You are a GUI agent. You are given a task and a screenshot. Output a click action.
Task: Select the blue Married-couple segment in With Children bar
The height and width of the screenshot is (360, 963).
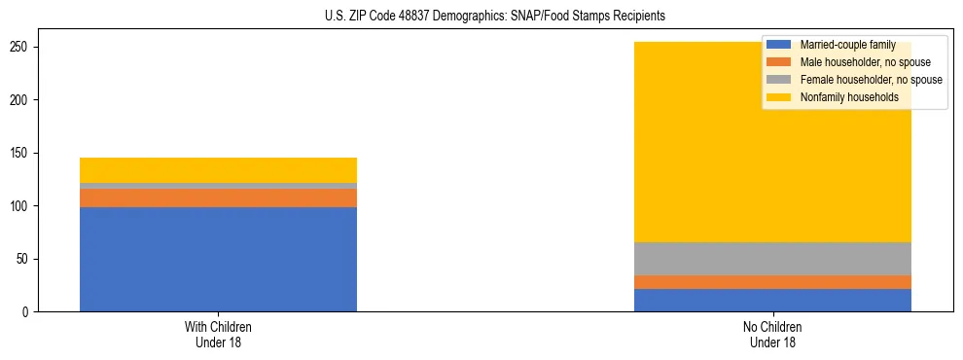click(x=218, y=259)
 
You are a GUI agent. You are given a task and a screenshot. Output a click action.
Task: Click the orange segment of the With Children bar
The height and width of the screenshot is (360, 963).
click(x=218, y=198)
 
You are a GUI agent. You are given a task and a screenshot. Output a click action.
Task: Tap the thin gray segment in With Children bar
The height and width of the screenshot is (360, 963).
click(x=218, y=186)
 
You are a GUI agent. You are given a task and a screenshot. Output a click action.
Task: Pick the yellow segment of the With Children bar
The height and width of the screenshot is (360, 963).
click(x=218, y=170)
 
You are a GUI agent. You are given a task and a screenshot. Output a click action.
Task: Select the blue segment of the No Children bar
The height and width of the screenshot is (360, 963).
click(x=772, y=300)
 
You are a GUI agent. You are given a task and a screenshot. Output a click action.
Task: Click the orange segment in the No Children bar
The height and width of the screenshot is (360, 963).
click(x=772, y=282)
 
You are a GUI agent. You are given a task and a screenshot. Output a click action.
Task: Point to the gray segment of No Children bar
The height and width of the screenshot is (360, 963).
click(x=772, y=259)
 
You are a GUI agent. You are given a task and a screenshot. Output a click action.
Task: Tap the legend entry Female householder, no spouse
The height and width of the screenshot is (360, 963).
click(x=871, y=80)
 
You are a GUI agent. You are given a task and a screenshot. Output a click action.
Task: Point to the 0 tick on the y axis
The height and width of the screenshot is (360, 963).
click(x=29, y=312)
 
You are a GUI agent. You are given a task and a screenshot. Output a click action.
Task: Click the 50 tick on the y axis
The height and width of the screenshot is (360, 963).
click(x=26, y=259)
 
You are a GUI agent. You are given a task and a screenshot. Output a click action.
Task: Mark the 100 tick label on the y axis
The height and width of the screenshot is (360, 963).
click(x=23, y=206)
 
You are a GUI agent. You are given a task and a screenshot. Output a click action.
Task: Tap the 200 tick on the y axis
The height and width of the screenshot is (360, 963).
click(x=23, y=100)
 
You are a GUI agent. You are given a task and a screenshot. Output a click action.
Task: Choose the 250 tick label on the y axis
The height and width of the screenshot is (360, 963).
click(x=23, y=48)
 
